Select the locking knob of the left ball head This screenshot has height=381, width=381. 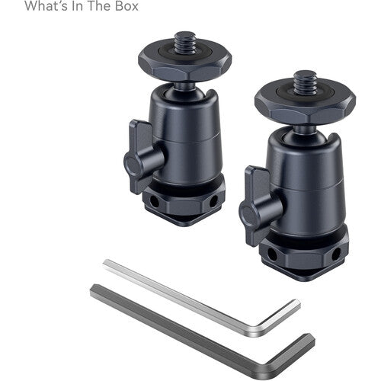point(142,155)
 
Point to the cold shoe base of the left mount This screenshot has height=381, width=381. point(182,203)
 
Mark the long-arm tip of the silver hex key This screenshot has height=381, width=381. point(107,264)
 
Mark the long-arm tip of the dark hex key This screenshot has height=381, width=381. point(94,289)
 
